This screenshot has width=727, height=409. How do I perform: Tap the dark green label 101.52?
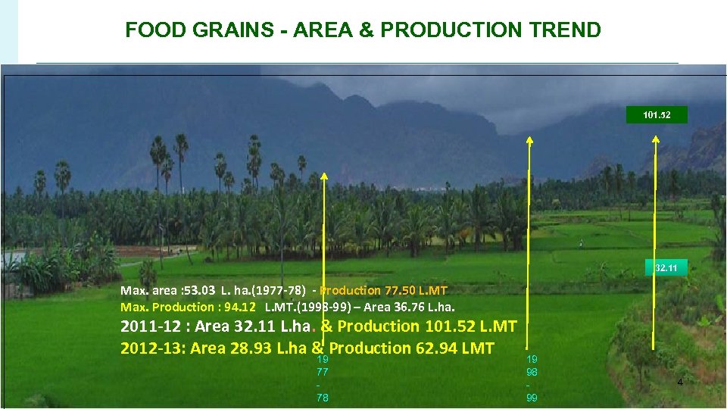tap(655, 116)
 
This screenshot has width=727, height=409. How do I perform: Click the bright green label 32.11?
tap(655, 268)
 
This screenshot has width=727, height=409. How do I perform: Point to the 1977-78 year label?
tap(323, 378)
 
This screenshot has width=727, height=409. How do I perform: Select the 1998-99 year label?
tap(532, 378)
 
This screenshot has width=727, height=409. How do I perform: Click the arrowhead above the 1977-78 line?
tap(323, 176)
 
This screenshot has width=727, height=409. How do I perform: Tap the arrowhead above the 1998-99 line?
tap(529, 140)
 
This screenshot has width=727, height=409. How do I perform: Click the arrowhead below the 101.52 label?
tap(656, 139)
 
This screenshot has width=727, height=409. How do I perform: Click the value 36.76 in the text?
tap(407, 307)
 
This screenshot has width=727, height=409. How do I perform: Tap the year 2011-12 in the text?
tap(151, 326)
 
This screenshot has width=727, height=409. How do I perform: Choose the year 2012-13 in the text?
tap(151, 348)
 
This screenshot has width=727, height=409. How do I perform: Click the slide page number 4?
tap(679, 382)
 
